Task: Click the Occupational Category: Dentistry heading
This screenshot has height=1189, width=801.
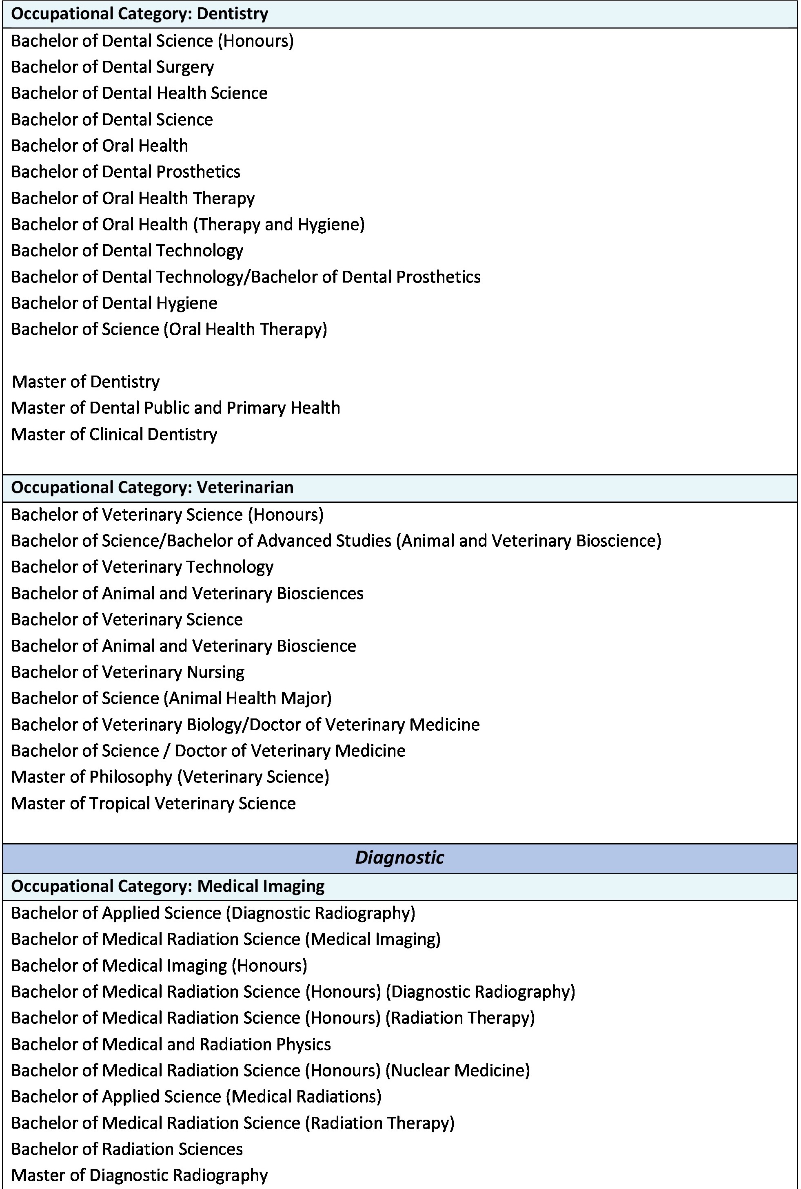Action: coord(140,14)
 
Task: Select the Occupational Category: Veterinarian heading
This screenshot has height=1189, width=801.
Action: coord(152,488)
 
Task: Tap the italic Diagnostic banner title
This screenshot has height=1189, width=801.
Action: coord(399,857)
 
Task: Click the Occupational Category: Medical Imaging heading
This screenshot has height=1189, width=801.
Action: coord(168,886)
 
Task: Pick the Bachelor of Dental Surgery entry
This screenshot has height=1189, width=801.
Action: coord(112,67)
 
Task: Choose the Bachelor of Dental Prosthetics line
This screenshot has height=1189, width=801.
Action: coord(126,172)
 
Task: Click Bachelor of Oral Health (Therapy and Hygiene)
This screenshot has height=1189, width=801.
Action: coord(188,225)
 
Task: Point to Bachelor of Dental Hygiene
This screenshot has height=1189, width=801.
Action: coord(114,303)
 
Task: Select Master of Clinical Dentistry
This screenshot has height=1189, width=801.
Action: coord(114,434)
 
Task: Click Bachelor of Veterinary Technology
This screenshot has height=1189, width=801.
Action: coord(142,567)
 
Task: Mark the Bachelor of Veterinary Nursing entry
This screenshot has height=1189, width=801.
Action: coord(128,672)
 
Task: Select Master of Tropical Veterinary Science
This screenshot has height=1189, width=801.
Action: coord(154,804)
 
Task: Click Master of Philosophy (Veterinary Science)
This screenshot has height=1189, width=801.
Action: coord(170,777)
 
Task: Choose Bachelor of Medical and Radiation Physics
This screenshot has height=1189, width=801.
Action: coord(171,1045)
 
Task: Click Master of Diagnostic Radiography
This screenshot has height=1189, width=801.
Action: coord(140,1175)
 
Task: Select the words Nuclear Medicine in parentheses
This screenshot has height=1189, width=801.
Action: coord(457,1071)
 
